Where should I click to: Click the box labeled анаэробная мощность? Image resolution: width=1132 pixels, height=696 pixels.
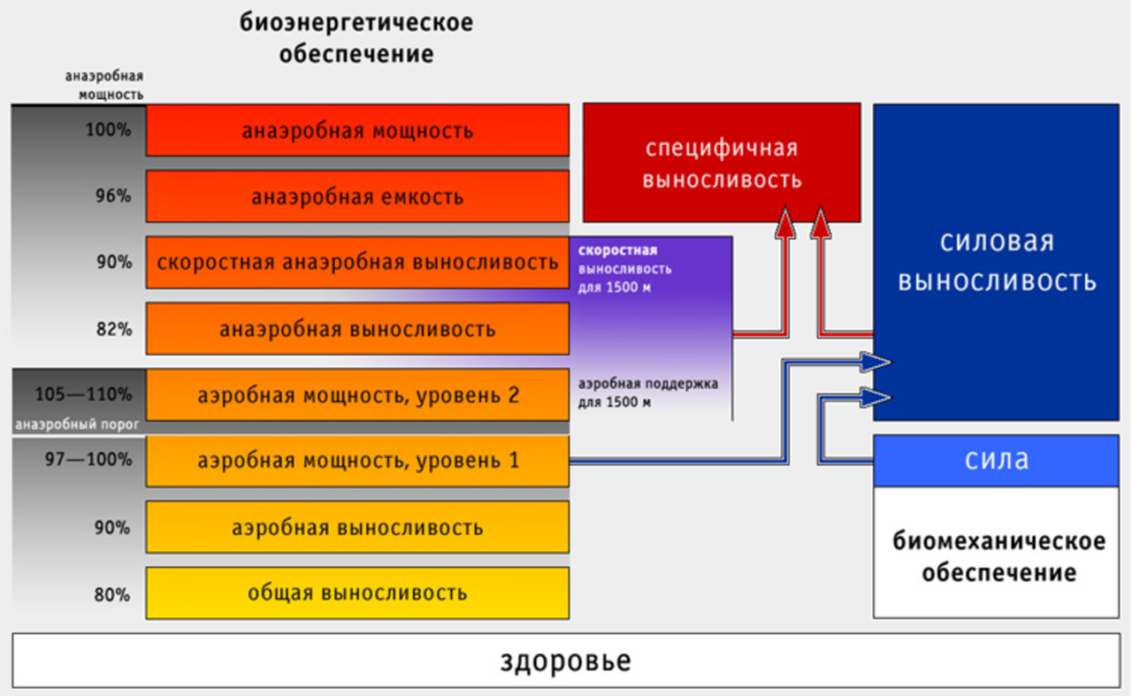click(357, 131)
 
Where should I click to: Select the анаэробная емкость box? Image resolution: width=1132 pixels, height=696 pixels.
click(357, 196)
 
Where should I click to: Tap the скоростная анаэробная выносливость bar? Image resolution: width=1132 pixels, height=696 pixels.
click(357, 263)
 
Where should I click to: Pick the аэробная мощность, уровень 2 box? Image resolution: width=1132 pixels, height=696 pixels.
click(357, 394)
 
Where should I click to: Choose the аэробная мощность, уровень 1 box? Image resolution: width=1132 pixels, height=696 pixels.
click(357, 461)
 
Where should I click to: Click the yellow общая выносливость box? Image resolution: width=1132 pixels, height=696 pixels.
click(357, 593)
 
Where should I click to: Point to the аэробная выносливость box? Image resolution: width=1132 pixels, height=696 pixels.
click(357, 527)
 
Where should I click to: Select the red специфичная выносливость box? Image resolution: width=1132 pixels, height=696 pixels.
click(721, 164)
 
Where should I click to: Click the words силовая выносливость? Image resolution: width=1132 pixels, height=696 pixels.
click(997, 262)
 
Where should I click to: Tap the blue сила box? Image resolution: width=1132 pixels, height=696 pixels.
click(997, 461)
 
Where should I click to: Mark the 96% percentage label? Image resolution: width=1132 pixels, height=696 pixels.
click(113, 196)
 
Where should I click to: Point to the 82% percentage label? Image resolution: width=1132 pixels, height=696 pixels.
click(113, 329)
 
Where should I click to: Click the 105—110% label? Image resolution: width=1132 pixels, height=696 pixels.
click(83, 394)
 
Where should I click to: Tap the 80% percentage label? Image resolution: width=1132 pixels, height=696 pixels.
click(113, 593)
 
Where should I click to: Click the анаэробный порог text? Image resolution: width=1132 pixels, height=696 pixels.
click(77, 425)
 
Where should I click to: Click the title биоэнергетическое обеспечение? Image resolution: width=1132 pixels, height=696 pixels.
click(356, 38)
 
